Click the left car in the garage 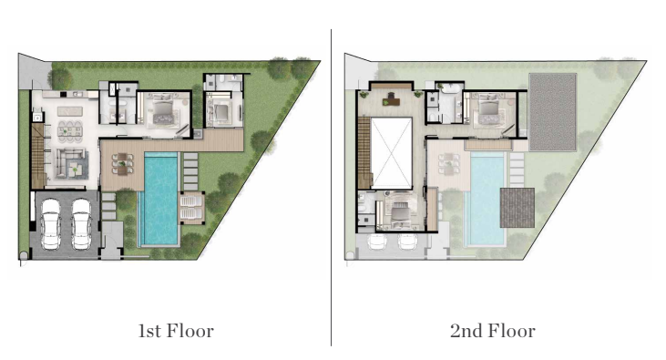click(50, 223)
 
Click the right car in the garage click(81, 223)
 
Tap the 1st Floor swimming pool click(160, 198)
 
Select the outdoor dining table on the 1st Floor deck click(122, 164)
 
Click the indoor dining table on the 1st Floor click(70, 130)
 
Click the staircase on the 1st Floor click(37, 156)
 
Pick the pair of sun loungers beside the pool click(191, 207)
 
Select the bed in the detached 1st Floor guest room click(221, 113)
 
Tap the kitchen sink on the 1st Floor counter click(77, 94)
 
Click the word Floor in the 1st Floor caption click(190, 331)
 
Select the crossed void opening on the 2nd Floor click(391, 153)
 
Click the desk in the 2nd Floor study click(391, 101)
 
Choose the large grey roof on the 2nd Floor click(553, 112)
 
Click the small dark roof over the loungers click(517, 208)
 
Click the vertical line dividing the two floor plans click(332, 188)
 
